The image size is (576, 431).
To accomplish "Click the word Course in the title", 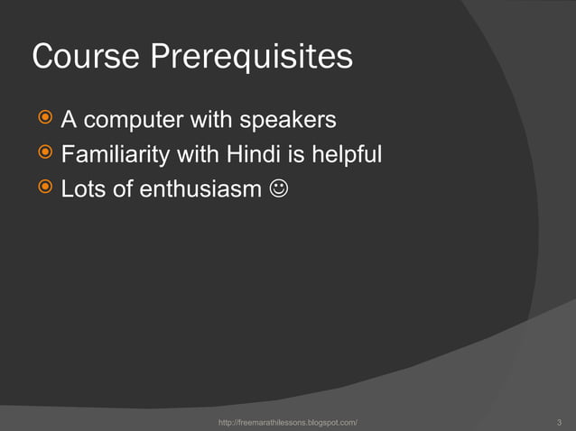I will [86, 57].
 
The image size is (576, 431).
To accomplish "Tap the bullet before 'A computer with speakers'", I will [42, 119].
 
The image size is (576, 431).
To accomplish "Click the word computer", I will [133, 121].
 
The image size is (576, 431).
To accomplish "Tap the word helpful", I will [347, 155].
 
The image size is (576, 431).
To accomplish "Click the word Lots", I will [82, 191].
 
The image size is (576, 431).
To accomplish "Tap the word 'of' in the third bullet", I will [119, 191].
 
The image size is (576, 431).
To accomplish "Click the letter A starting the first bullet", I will [69, 120].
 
